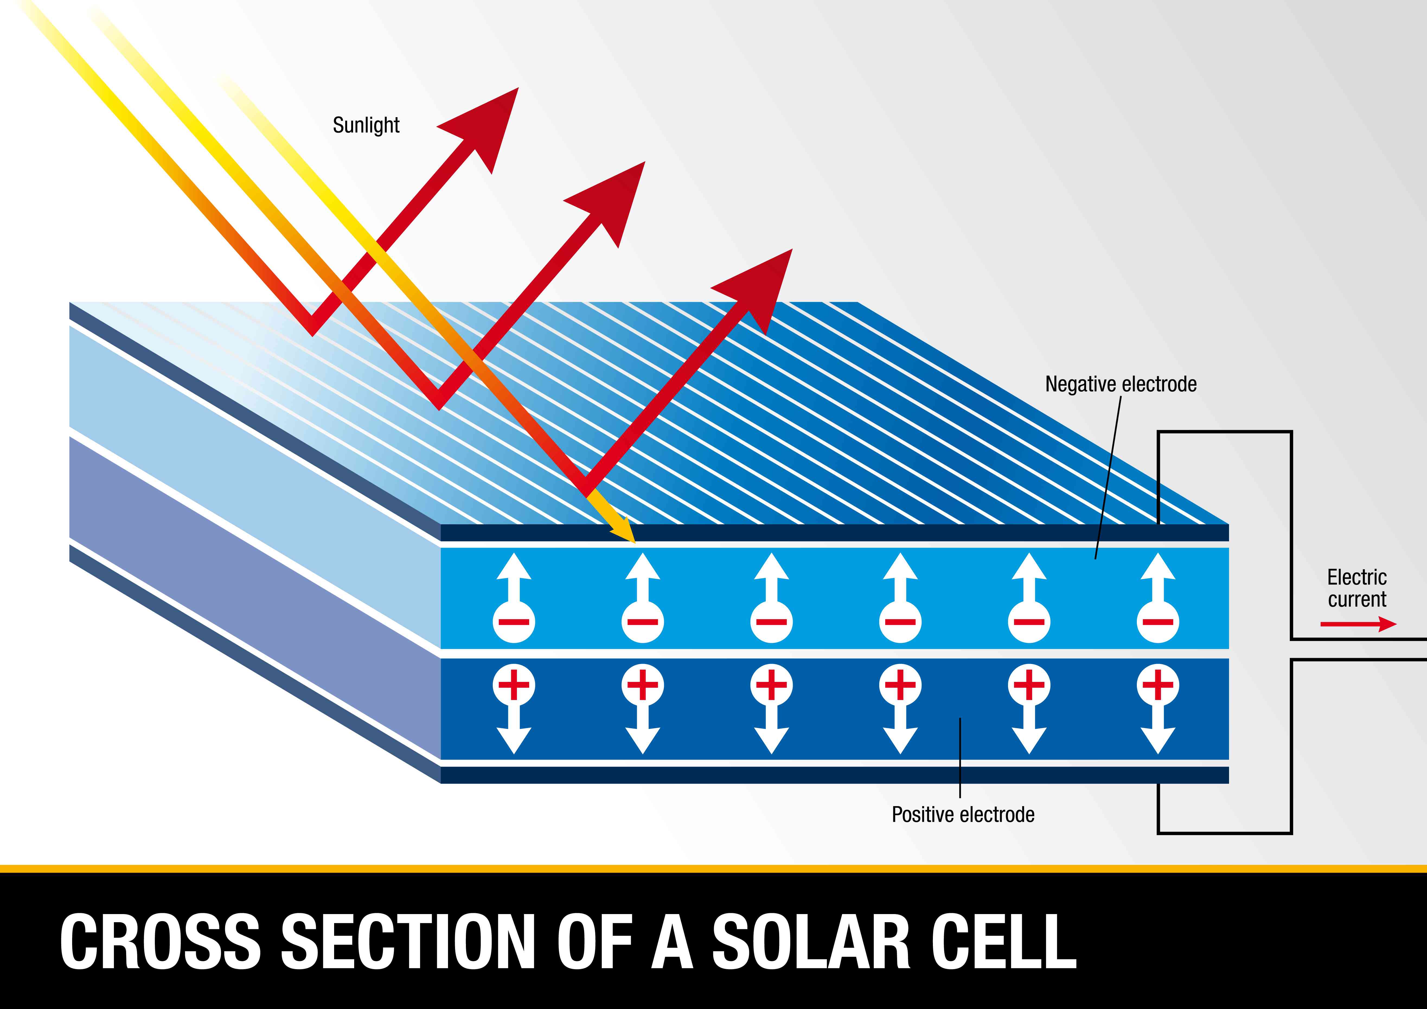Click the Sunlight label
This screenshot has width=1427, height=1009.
(x=366, y=125)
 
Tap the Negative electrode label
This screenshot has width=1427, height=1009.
(x=1121, y=384)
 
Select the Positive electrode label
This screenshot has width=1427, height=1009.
(x=963, y=815)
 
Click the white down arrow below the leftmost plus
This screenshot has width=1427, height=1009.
(x=514, y=737)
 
